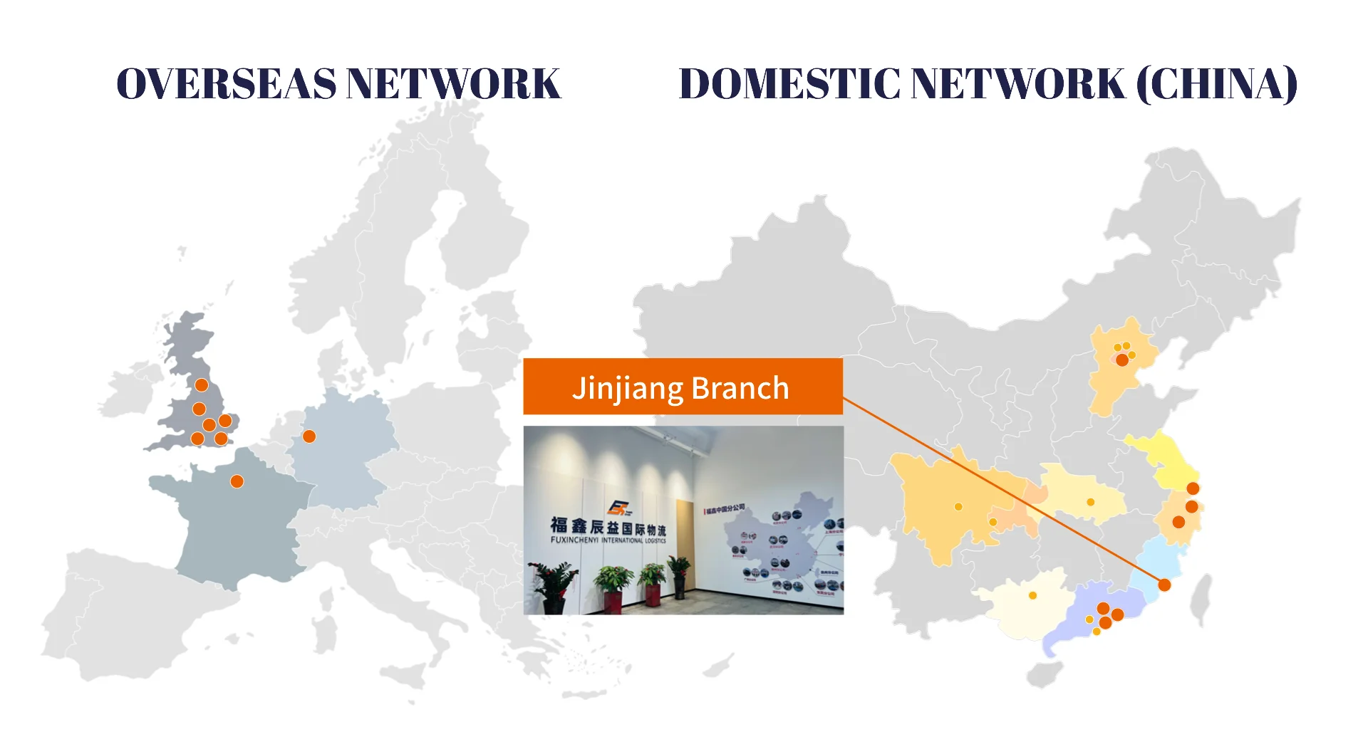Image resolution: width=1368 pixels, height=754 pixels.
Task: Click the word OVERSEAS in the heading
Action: (x=226, y=84)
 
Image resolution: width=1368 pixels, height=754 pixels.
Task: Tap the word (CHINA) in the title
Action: (x=1217, y=84)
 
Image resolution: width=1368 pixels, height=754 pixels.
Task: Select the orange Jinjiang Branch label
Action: (x=683, y=387)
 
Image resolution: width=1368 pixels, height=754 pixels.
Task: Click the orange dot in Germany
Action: (x=309, y=436)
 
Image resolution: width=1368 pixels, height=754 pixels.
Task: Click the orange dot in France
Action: (x=237, y=482)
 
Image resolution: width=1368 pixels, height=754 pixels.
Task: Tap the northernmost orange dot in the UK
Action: (x=202, y=385)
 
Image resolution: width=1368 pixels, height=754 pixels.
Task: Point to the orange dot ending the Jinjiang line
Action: (x=1164, y=585)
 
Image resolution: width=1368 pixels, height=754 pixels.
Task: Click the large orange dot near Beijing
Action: (x=1122, y=360)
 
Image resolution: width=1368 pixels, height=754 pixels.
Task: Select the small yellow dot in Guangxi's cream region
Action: (x=1032, y=596)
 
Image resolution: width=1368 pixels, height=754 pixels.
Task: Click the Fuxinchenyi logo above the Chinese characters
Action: (x=618, y=508)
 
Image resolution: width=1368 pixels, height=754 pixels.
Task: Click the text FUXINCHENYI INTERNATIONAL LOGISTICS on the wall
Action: (x=608, y=540)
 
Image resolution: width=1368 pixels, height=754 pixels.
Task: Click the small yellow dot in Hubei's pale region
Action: (x=1090, y=503)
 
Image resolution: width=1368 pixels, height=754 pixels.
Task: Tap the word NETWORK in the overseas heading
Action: (x=454, y=84)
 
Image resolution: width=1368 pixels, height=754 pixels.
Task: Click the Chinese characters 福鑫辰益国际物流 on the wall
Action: (x=608, y=527)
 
